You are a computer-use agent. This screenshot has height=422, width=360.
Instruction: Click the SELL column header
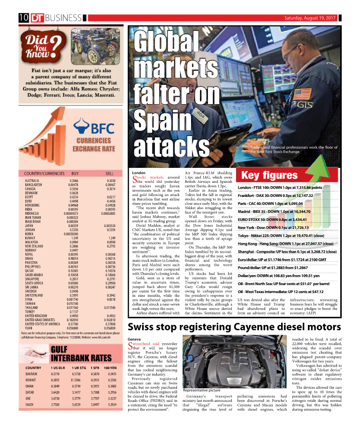[x=110, y=173]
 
